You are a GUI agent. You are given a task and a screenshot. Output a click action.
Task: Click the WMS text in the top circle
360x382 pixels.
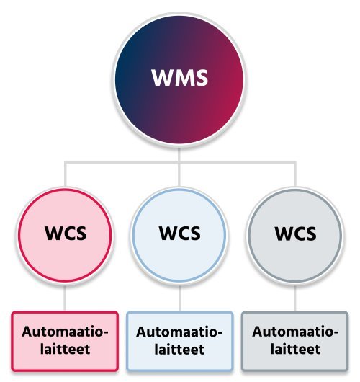click(180, 77)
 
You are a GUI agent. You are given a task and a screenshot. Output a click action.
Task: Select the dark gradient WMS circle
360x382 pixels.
click(179, 80)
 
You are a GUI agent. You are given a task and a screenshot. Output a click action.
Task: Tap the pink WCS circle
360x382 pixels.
click(65, 236)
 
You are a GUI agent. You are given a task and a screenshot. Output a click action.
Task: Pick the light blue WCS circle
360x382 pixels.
click(179, 236)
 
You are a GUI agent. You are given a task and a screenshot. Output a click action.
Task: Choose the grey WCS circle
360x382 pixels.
click(295, 236)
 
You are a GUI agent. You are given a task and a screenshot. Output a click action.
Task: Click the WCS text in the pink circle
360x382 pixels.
click(66, 233)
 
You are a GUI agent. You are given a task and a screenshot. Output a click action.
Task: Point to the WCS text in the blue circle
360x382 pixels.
click(180, 233)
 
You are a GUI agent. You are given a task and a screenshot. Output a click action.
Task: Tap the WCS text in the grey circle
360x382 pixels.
click(295, 233)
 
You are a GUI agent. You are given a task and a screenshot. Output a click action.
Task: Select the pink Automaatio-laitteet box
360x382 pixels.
click(65, 342)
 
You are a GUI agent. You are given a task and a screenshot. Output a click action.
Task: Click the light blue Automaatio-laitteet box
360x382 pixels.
click(180, 342)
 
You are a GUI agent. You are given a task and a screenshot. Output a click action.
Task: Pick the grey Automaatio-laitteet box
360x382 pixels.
click(295, 342)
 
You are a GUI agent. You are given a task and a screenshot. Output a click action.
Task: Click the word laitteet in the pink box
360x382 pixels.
click(66, 349)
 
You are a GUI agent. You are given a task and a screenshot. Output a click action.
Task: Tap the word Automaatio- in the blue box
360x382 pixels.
click(179, 332)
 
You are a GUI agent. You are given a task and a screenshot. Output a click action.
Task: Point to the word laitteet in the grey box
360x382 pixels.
click(295, 349)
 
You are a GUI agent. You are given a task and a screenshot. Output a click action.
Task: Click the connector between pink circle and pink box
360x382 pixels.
click(65, 298)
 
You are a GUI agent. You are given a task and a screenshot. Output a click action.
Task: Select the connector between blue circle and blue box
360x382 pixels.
click(179, 298)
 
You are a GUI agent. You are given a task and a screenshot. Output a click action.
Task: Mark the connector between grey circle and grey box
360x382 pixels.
click(294, 298)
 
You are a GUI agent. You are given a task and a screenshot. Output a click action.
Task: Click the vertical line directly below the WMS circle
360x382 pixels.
click(179, 154)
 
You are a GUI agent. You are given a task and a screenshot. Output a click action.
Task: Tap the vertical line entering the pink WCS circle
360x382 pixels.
click(65, 174)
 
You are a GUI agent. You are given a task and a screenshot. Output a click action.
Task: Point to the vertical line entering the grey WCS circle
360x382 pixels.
click(295, 174)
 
